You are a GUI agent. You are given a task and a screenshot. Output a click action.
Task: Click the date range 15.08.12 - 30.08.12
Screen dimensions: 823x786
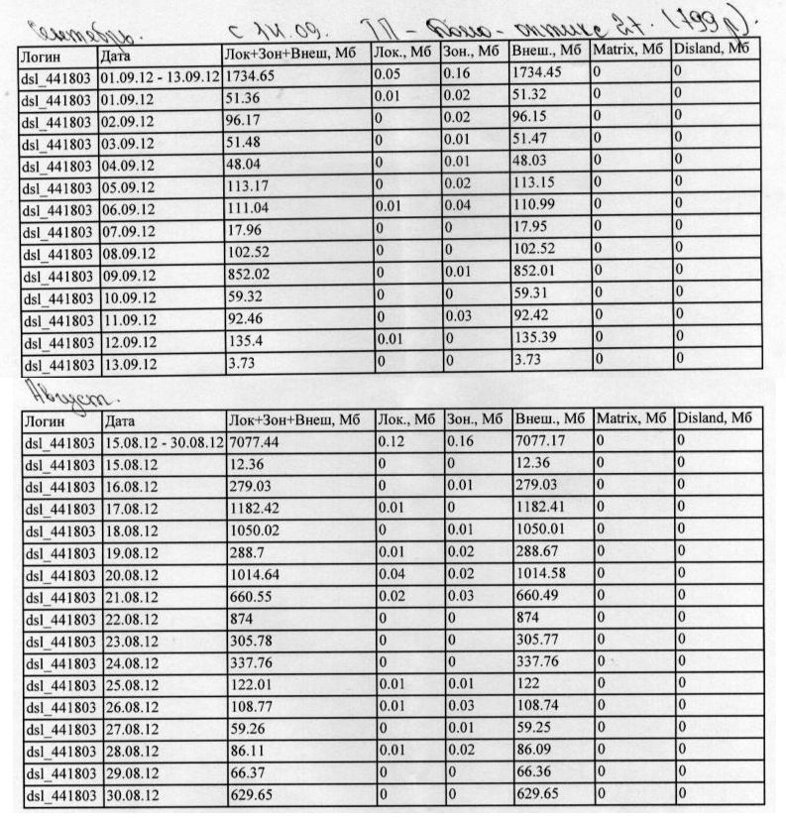tap(164, 441)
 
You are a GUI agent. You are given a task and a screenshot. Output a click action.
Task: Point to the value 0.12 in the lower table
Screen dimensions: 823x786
tap(390, 441)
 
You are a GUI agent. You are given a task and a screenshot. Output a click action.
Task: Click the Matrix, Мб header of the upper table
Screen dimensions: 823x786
tap(629, 50)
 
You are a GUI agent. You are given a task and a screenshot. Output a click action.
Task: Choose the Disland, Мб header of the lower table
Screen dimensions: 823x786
tap(714, 418)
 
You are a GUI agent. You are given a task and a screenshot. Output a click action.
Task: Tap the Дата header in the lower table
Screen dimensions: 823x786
tap(120, 420)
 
